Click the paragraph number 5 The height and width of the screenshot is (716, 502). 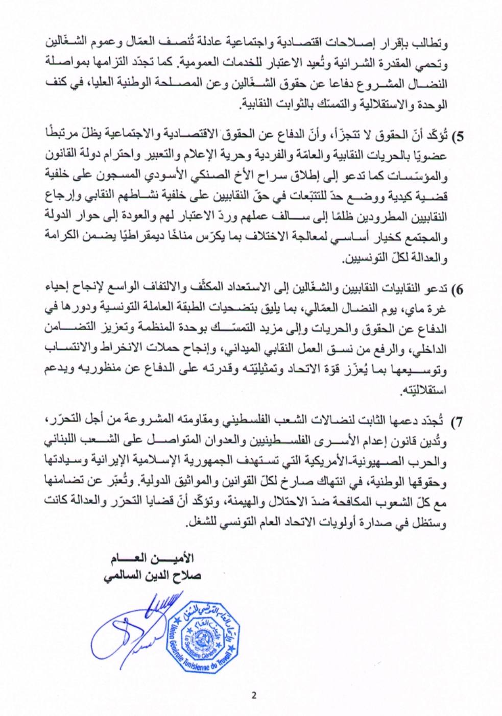tap(459, 136)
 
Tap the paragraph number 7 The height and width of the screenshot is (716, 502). tap(459, 422)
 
